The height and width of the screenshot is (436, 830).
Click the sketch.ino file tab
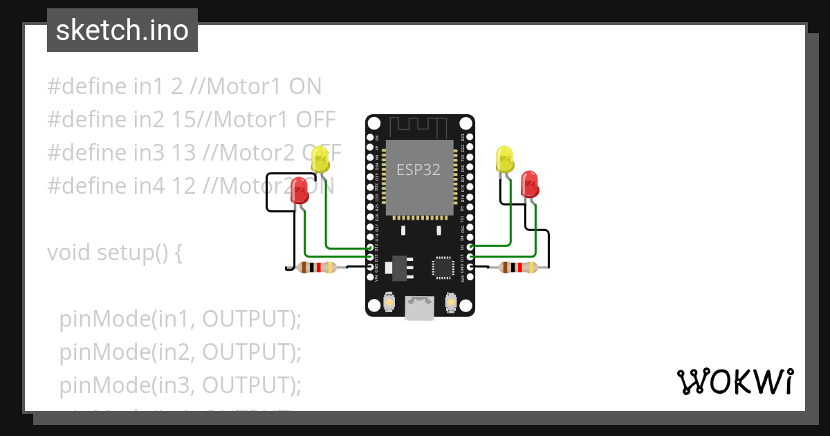[122, 30]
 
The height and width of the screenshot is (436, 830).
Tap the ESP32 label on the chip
[418, 170]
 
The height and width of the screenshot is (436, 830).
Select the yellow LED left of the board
[320, 160]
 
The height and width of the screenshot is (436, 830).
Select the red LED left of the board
[299, 190]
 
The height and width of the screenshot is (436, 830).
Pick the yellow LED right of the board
[505, 160]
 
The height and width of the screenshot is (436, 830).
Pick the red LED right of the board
[530, 184]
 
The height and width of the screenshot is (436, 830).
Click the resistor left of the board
[317, 268]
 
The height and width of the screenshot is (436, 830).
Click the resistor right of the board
[518, 267]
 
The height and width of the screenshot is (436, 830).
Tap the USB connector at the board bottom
[420, 308]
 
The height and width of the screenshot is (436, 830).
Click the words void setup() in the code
[114, 253]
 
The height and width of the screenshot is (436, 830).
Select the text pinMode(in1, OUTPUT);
[181, 319]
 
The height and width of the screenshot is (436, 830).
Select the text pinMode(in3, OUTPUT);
[181, 385]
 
